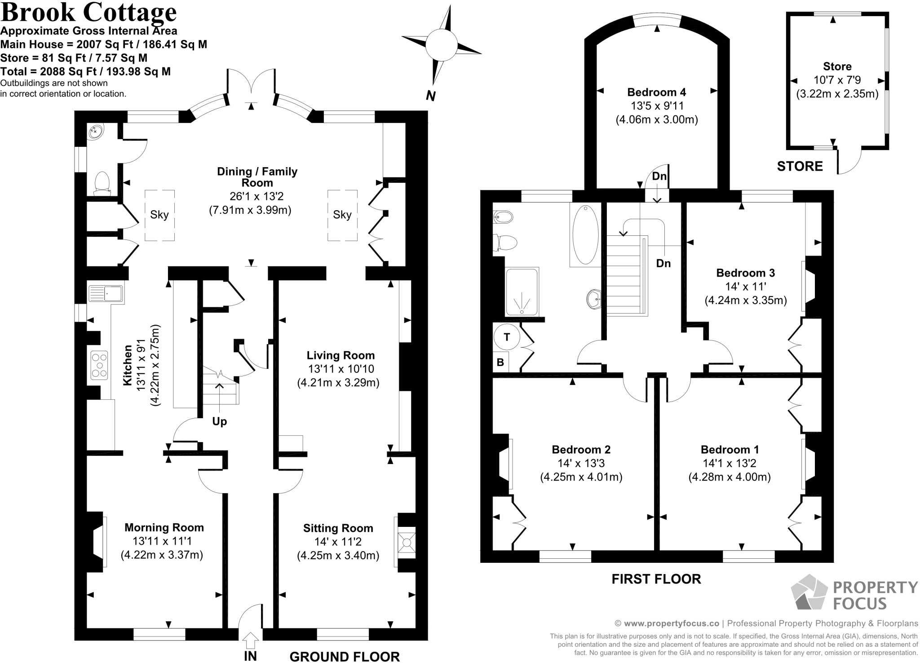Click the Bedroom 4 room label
point(656,93)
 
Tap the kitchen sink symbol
point(106,294)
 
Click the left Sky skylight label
point(159,215)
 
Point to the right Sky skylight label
point(342,215)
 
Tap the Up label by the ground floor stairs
point(219,421)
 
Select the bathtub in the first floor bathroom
point(585,235)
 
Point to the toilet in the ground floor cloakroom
point(102,182)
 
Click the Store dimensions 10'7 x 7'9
point(837,80)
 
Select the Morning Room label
point(164,527)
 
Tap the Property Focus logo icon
point(809,593)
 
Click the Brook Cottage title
point(88,13)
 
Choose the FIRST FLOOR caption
point(656,579)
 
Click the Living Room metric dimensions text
point(338,383)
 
